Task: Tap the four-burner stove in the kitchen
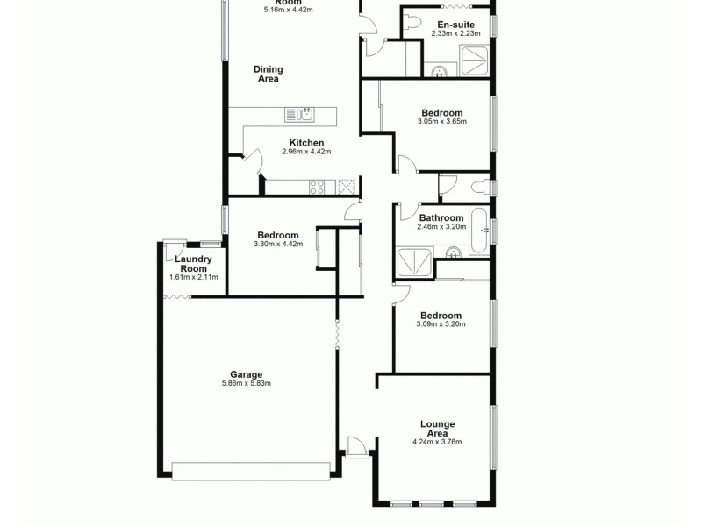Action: (x=317, y=186)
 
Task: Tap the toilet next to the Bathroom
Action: (x=480, y=186)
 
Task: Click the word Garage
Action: (x=247, y=374)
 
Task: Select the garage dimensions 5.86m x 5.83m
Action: (x=247, y=383)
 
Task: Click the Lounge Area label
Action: (x=437, y=429)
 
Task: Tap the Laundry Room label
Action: (x=192, y=264)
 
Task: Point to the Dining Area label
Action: (x=268, y=75)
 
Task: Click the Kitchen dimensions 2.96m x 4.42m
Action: (x=307, y=153)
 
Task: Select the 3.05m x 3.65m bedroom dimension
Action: (x=442, y=122)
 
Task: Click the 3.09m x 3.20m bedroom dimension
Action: (x=441, y=324)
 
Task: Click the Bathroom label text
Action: (x=441, y=217)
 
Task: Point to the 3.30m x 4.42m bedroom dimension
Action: (x=278, y=244)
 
